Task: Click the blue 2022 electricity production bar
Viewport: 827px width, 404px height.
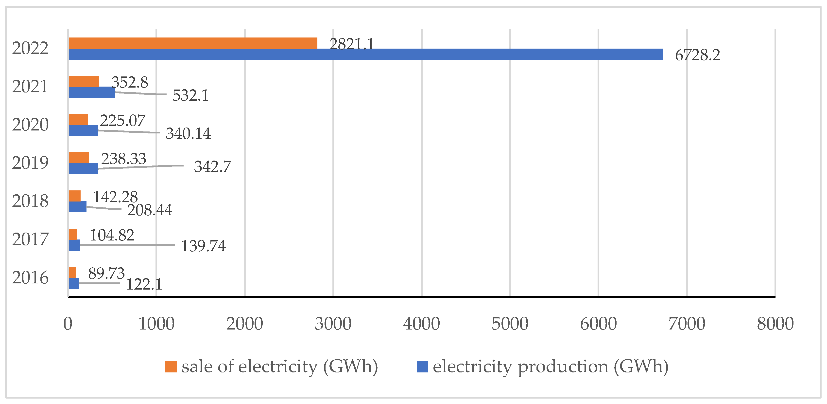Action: pos(366,54)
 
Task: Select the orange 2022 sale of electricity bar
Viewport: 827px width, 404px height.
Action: pos(193,43)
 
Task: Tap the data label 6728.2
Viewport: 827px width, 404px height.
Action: pos(697,55)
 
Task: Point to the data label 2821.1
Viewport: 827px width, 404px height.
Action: pos(352,44)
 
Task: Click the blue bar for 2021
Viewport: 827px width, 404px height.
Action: pos(92,92)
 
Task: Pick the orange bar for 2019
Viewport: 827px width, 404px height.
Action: pos(79,158)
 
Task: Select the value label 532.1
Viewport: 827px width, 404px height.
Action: pos(190,95)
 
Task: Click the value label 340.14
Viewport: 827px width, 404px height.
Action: pos(188,134)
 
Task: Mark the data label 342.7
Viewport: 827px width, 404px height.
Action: pos(212,167)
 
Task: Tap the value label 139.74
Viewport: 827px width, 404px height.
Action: pos(203,246)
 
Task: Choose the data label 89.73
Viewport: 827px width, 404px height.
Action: pos(106,274)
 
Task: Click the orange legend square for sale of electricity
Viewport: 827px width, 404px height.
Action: pos(171,367)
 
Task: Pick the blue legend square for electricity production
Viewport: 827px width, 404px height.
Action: pos(422,367)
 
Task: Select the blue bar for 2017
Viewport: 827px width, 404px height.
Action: pos(74,245)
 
